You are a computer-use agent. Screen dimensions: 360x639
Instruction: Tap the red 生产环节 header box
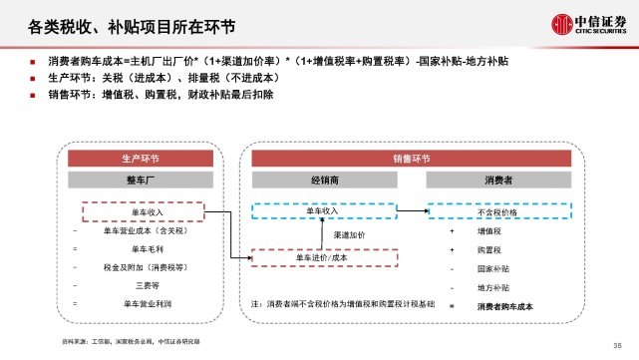click(141, 159)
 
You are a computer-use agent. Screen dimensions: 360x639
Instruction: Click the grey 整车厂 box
click(141, 180)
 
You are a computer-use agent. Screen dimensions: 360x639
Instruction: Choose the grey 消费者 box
click(498, 180)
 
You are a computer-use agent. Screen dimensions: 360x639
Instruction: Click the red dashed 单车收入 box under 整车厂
click(141, 212)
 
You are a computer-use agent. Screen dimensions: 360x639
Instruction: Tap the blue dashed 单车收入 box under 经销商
click(323, 211)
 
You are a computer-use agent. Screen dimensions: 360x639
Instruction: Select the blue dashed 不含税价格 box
click(498, 212)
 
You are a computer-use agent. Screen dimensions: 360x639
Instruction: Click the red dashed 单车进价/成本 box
click(323, 256)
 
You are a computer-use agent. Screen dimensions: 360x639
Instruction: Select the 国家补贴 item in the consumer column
click(491, 268)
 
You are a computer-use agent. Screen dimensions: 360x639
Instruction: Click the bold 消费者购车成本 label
click(505, 305)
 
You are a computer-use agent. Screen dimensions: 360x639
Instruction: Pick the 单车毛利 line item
click(141, 248)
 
